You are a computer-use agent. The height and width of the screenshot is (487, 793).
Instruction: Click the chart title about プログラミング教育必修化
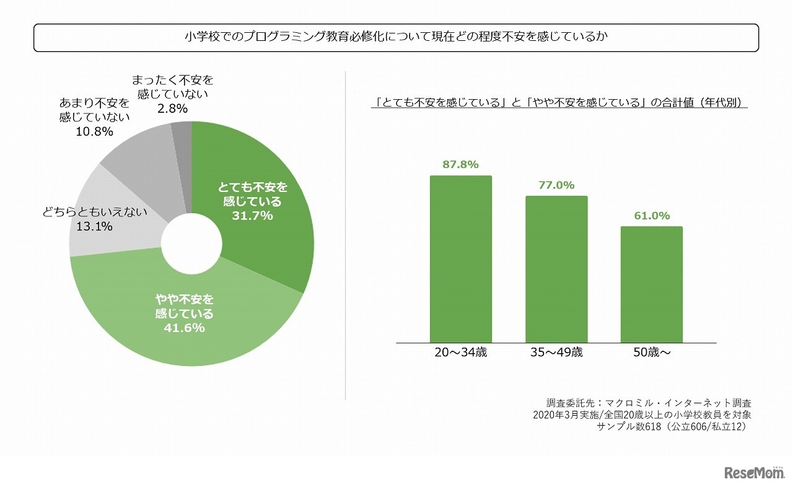(x=396, y=37)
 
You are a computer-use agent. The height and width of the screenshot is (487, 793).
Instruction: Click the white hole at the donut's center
(x=191, y=244)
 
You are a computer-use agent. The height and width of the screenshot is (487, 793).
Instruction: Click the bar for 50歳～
(x=651, y=284)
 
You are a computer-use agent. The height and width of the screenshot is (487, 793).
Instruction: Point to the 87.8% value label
(x=460, y=164)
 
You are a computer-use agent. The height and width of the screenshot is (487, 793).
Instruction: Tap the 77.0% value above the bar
(x=556, y=185)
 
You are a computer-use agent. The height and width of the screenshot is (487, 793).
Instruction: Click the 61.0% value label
(x=651, y=216)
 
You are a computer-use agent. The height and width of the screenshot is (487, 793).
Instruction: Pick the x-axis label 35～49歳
(x=556, y=353)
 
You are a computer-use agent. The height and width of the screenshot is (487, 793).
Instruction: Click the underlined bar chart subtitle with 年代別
(x=559, y=103)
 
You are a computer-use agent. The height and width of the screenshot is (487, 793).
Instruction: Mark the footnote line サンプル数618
(x=672, y=427)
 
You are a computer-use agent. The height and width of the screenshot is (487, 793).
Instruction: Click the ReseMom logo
(x=754, y=473)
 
